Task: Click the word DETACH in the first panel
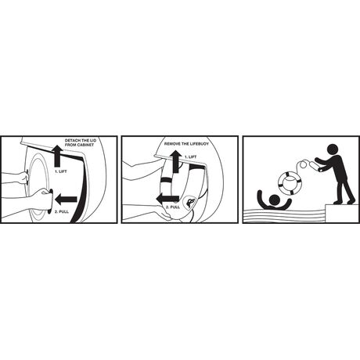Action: (71, 141)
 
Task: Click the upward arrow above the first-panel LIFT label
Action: (57, 156)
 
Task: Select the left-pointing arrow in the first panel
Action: (67, 200)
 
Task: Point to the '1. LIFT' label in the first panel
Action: (61, 171)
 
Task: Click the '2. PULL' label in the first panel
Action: (62, 211)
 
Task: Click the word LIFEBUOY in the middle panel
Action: (200, 144)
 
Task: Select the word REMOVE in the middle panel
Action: (171, 144)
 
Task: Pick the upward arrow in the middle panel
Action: (176, 161)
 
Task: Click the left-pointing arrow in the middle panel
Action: (167, 199)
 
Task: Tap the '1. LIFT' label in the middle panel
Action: (190, 157)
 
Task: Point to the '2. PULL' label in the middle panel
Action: (173, 207)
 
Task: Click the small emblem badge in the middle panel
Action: (189, 202)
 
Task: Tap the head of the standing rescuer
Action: (333, 149)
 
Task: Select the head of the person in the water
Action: (275, 200)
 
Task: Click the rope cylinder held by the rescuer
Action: (316, 167)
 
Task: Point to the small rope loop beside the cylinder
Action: (304, 165)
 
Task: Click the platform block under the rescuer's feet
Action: (342, 214)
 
